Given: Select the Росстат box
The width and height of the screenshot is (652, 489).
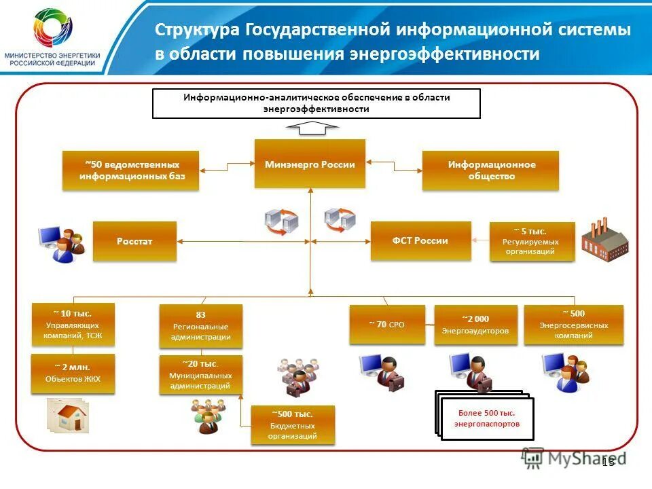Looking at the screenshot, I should (x=134, y=241).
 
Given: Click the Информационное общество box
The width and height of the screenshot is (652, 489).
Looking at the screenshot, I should (x=490, y=170).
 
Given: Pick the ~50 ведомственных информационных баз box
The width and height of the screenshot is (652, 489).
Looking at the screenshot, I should (x=130, y=170).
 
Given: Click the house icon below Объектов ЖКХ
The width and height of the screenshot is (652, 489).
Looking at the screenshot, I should (x=69, y=415).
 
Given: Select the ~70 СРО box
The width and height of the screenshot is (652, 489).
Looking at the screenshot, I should (x=386, y=325).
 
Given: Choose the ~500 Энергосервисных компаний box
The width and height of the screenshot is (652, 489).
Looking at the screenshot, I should (x=573, y=325).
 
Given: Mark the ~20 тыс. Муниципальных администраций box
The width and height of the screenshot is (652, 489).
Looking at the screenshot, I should (x=200, y=375).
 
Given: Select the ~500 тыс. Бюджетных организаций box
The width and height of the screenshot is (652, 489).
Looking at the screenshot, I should (x=292, y=425).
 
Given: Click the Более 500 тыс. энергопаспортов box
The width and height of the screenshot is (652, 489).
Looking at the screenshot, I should (x=486, y=418).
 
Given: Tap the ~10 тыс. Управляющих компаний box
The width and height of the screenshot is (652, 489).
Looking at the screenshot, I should (x=73, y=325).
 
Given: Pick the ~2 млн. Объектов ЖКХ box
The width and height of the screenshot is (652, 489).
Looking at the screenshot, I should (x=73, y=374).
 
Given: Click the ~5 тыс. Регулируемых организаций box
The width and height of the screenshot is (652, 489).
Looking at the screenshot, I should (x=532, y=241).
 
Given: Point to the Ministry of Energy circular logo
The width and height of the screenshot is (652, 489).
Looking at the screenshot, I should (x=53, y=29).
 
